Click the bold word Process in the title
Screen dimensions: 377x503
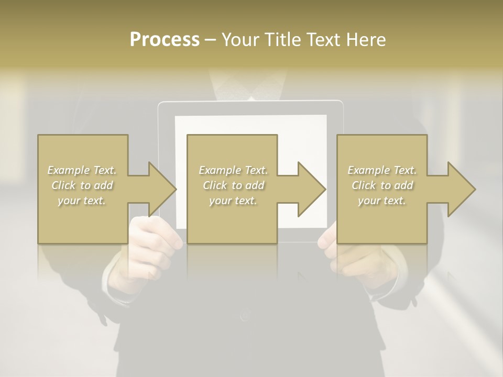[165, 40]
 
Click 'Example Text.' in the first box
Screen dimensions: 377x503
[82, 170]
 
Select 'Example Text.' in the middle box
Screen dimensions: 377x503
[233, 170]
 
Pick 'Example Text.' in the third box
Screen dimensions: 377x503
[382, 170]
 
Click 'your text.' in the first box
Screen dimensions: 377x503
[82, 201]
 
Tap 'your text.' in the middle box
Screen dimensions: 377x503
[233, 201]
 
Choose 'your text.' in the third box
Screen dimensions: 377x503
[382, 201]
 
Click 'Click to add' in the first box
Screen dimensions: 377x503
[82, 185]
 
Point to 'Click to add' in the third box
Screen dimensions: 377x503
[382, 185]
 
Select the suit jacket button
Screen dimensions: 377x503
[245, 316]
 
